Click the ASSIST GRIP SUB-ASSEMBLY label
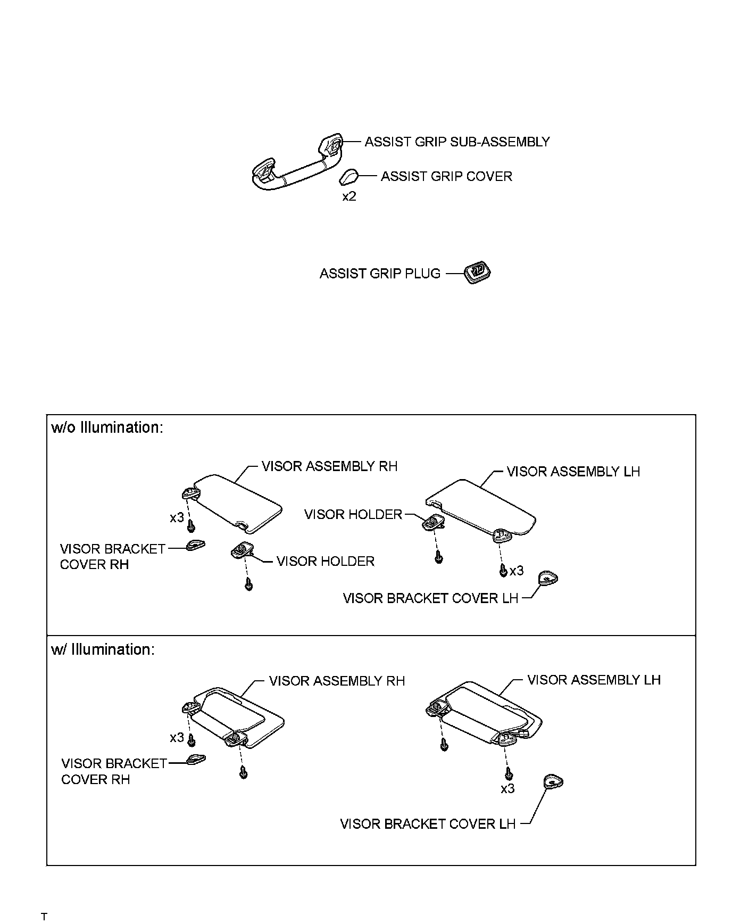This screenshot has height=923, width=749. pyautogui.click(x=456, y=142)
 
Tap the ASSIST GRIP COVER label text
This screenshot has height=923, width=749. pyautogui.click(x=446, y=176)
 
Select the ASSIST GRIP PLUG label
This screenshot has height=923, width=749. pyautogui.click(x=380, y=274)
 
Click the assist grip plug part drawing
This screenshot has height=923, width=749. pyautogui.click(x=477, y=273)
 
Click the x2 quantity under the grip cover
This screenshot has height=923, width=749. pyautogui.click(x=349, y=196)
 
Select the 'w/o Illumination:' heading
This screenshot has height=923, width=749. pyautogui.click(x=107, y=427)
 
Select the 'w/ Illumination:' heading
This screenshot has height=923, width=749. pyautogui.click(x=103, y=649)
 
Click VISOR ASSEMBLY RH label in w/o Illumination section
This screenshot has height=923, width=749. pyautogui.click(x=329, y=466)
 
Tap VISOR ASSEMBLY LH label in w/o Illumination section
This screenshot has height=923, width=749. pyautogui.click(x=573, y=472)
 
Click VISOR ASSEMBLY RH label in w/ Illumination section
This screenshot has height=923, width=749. pyautogui.click(x=337, y=681)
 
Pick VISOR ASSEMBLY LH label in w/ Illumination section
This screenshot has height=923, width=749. pyautogui.click(x=594, y=680)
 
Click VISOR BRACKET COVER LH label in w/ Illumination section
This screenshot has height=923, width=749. pyautogui.click(x=428, y=824)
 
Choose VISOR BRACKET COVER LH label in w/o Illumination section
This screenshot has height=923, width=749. pyautogui.click(x=430, y=598)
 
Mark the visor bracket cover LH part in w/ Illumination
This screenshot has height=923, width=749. pyautogui.click(x=553, y=782)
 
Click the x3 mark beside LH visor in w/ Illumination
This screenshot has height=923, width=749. pyautogui.click(x=507, y=789)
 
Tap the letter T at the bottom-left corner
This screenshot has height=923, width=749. pyautogui.click(x=44, y=917)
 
